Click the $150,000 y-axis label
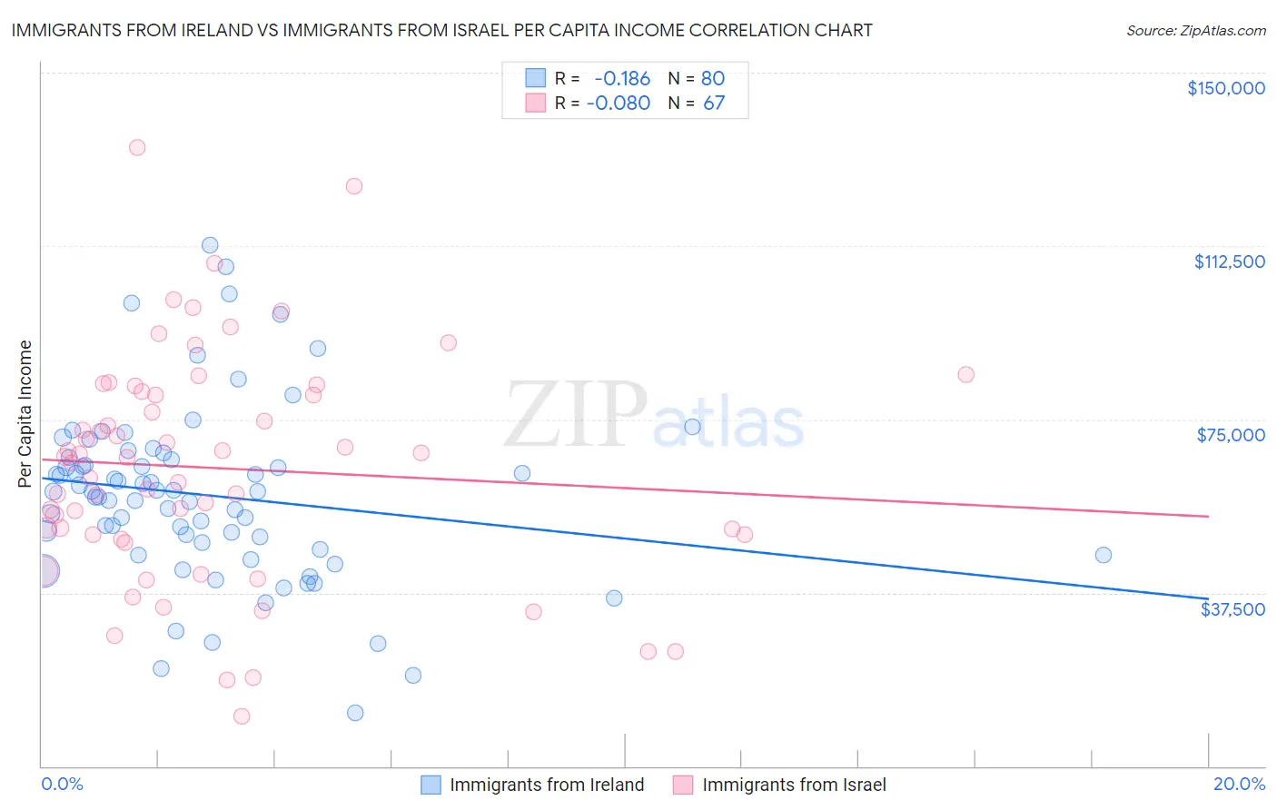(1225, 88)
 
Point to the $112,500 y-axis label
(1229, 262)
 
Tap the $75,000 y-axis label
(1231, 435)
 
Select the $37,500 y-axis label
(1232, 609)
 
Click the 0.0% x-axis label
(63, 784)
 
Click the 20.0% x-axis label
(1239, 784)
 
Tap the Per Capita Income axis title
(25, 413)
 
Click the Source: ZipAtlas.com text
(1196, 31)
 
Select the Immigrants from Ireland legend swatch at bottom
(431, 785)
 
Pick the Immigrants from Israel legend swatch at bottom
(683, 785)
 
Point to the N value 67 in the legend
(714, 103)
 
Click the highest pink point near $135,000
(137, 147)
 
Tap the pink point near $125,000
(354, 186)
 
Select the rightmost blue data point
(1104, 555)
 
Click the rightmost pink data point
(966, 375)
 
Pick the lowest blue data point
(355, 713)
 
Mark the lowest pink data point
(242, 716)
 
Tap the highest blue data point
(210, 245)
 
